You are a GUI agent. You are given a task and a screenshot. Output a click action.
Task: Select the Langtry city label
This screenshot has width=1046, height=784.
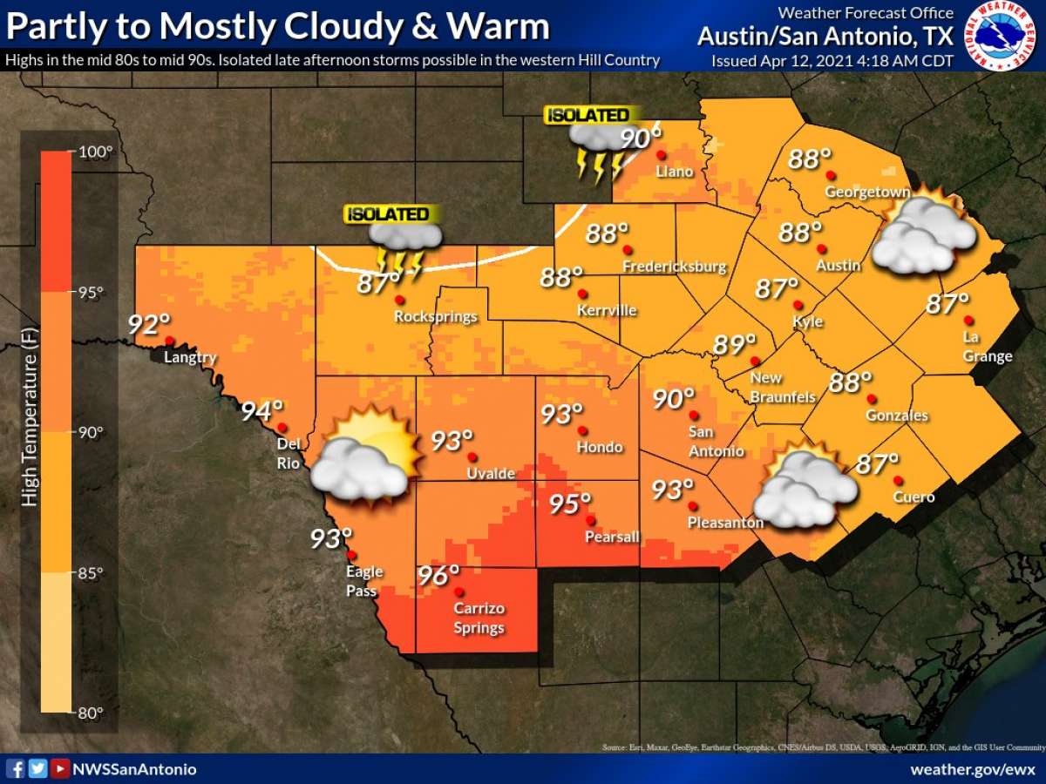189,357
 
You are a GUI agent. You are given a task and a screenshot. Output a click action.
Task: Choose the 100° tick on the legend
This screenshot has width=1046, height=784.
96,152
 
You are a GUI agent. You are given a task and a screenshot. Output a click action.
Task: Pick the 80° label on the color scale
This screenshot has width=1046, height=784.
96,713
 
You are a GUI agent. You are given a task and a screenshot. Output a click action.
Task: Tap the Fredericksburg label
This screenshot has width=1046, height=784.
674,266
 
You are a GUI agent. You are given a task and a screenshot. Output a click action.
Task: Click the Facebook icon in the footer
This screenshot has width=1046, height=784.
16,768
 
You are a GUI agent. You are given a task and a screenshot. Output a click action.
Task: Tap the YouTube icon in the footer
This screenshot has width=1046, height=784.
59,768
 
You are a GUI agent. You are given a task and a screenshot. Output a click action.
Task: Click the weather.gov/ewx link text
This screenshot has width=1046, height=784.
972,769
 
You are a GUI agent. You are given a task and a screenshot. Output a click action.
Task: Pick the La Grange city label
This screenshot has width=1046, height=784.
988,347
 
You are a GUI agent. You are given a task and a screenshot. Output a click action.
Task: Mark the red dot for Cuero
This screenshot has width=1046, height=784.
898,480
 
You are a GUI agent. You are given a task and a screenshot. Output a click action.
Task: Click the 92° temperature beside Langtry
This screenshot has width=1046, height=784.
149,324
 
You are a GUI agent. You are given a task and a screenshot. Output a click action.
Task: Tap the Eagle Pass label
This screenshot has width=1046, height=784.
363,581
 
